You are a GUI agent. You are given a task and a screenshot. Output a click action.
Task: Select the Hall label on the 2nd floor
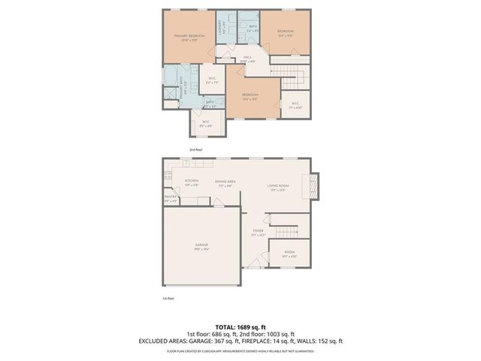(x=247, y=59)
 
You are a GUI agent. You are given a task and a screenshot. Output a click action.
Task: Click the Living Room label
(x=278, y=187)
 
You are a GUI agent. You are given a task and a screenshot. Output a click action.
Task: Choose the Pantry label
(x=171, y=199)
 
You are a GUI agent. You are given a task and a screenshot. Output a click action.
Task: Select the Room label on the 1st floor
(x=289, y=254)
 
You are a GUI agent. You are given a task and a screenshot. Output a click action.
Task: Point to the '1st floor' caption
(x=169, y=299)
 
